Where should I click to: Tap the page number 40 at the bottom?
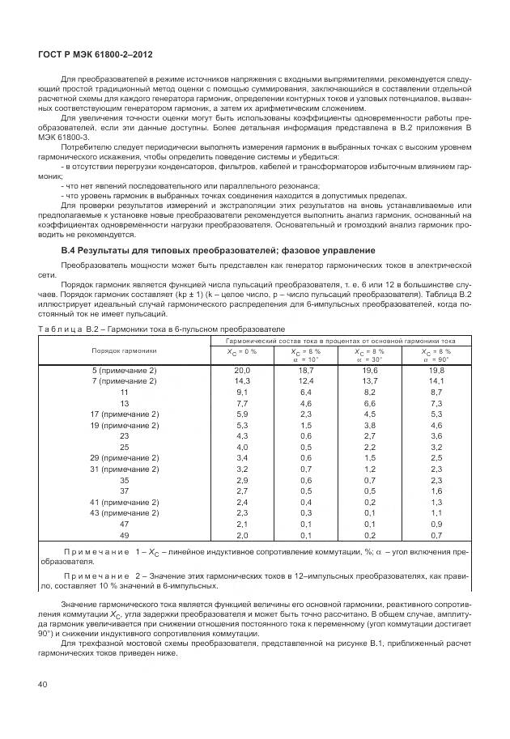pyautogui.click(x=43, y=685)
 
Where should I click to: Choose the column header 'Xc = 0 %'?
pyautogui.click(x=241, y=352)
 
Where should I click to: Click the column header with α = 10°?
pyautogui.click(x=305, y=356)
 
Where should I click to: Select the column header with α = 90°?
pyautogui.click(x=436, y=356)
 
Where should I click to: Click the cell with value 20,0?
pyautogui.click(x=241, y=370)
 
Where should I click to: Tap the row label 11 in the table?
pyautogui.click(x=124, y=392)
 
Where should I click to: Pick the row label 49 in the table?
pyautogui.click(x=124, y=535)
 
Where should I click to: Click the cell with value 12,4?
pyautogui.click(x=305, y=380)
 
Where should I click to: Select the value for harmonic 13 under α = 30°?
pyautogui.click(x=370, y=403)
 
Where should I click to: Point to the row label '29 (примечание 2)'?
pyautogui.click(x=124, y=458)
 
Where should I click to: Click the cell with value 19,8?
pyautogui.click(x=436, y=370)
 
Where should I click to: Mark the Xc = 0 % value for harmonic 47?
pyautogui.click(x=241, y=525)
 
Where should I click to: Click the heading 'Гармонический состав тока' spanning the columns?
pyautogui.click(x=339, y=341)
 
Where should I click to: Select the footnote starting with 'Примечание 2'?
pyautogui.click(x=254, y=578)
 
